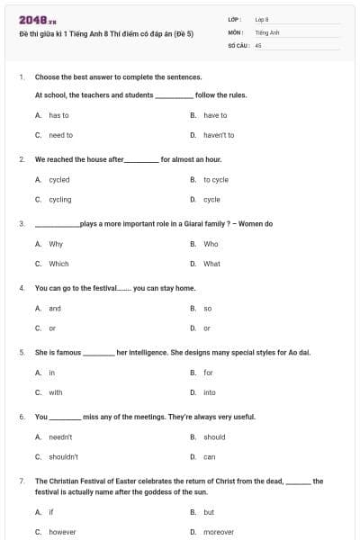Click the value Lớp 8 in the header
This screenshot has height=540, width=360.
[261, 18]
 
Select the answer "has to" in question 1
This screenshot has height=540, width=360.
[58, 115]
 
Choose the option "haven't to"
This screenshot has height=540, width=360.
[218, 135]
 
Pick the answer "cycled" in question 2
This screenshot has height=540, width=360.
[59, 179]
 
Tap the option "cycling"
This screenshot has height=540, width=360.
[60, 199]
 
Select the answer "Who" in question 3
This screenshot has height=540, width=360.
[211, 244]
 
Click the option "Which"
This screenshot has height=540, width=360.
[58, 264]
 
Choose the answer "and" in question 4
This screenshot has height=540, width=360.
[55, 308]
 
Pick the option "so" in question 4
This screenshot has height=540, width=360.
[207, 308]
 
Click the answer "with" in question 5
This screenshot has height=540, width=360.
[56, 392]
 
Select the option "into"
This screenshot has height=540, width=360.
[210, 392]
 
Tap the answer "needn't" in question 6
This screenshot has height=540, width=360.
[60, 436]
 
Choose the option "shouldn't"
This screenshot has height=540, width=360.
[63, 456]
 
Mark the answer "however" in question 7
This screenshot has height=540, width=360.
[62, 532]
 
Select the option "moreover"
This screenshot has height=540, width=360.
[218, 532]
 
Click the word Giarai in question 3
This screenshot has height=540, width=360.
[184, 223]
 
